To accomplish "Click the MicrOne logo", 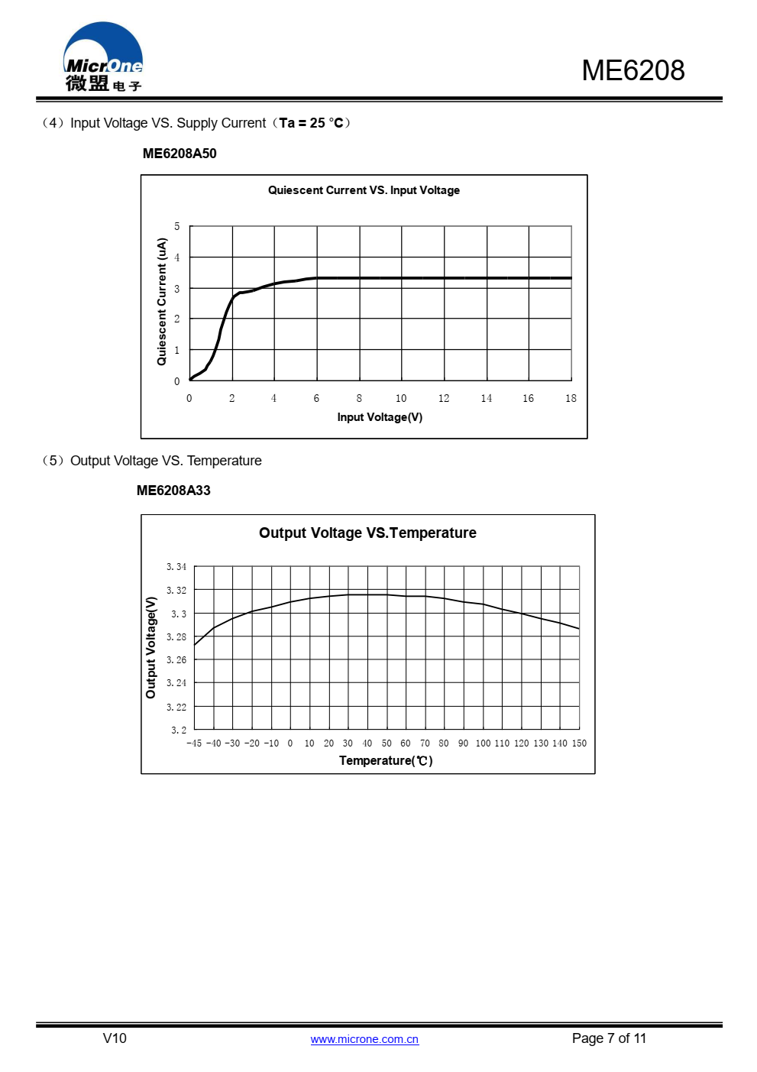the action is [x=103, y=57].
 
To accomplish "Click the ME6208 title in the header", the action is [x=633, y=70].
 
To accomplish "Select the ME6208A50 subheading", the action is [x=180, y=154].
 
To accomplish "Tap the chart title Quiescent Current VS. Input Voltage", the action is [x=364, y=190].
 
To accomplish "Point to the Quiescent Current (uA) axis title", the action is [x=162, y=302].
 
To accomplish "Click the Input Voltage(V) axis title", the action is [x=380, y=417].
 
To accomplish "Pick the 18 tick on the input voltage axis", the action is [x=571, y=398].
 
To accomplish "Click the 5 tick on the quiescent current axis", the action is [x=177, y=226].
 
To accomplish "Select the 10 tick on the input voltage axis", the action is [x=401, y=398].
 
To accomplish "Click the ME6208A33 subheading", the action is [x=173, y=491].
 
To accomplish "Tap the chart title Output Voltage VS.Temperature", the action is [x=367, y=533].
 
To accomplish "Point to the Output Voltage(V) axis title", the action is [x=150, y=647].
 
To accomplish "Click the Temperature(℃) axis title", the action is [x=386, y=760].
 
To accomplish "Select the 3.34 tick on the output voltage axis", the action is [x=176, y=567].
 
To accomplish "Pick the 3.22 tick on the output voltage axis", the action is [x=176, y=707].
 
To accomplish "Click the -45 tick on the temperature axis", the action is [x=194, y=743].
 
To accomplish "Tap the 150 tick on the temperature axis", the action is [x=579, y=743].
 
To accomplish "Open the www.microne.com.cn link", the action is [x=364, y=1039].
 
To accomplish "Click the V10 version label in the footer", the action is [x=115, y=1038].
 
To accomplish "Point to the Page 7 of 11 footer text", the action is [x=609, y=1038].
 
